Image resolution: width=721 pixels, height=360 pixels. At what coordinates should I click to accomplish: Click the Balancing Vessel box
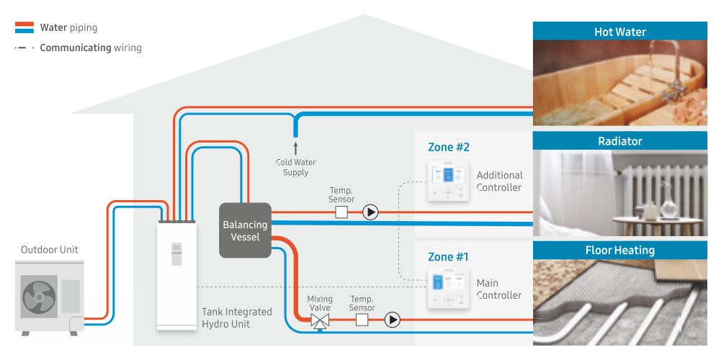coord(245,230)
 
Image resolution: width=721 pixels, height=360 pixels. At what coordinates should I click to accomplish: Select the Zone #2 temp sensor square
coord(341,212)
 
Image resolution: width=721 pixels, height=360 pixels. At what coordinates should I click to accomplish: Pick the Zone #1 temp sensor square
coord(362,320)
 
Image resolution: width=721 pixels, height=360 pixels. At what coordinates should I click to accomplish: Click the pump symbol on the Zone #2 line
coord(370,212)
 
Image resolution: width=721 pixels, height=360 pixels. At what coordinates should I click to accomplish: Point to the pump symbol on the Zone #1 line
coord(392,320)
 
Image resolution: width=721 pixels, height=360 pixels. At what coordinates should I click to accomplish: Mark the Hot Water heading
coord(619,32)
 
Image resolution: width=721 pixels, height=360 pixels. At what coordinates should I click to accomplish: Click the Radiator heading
coord(619,141)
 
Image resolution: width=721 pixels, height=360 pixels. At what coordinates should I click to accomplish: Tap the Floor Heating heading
coord(619,251)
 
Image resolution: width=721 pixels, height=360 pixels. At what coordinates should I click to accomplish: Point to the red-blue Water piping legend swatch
coord(24,28)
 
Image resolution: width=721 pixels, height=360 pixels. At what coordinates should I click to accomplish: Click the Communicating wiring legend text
coord(91,48)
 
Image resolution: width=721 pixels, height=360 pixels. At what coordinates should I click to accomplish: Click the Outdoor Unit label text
coord(50,250)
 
